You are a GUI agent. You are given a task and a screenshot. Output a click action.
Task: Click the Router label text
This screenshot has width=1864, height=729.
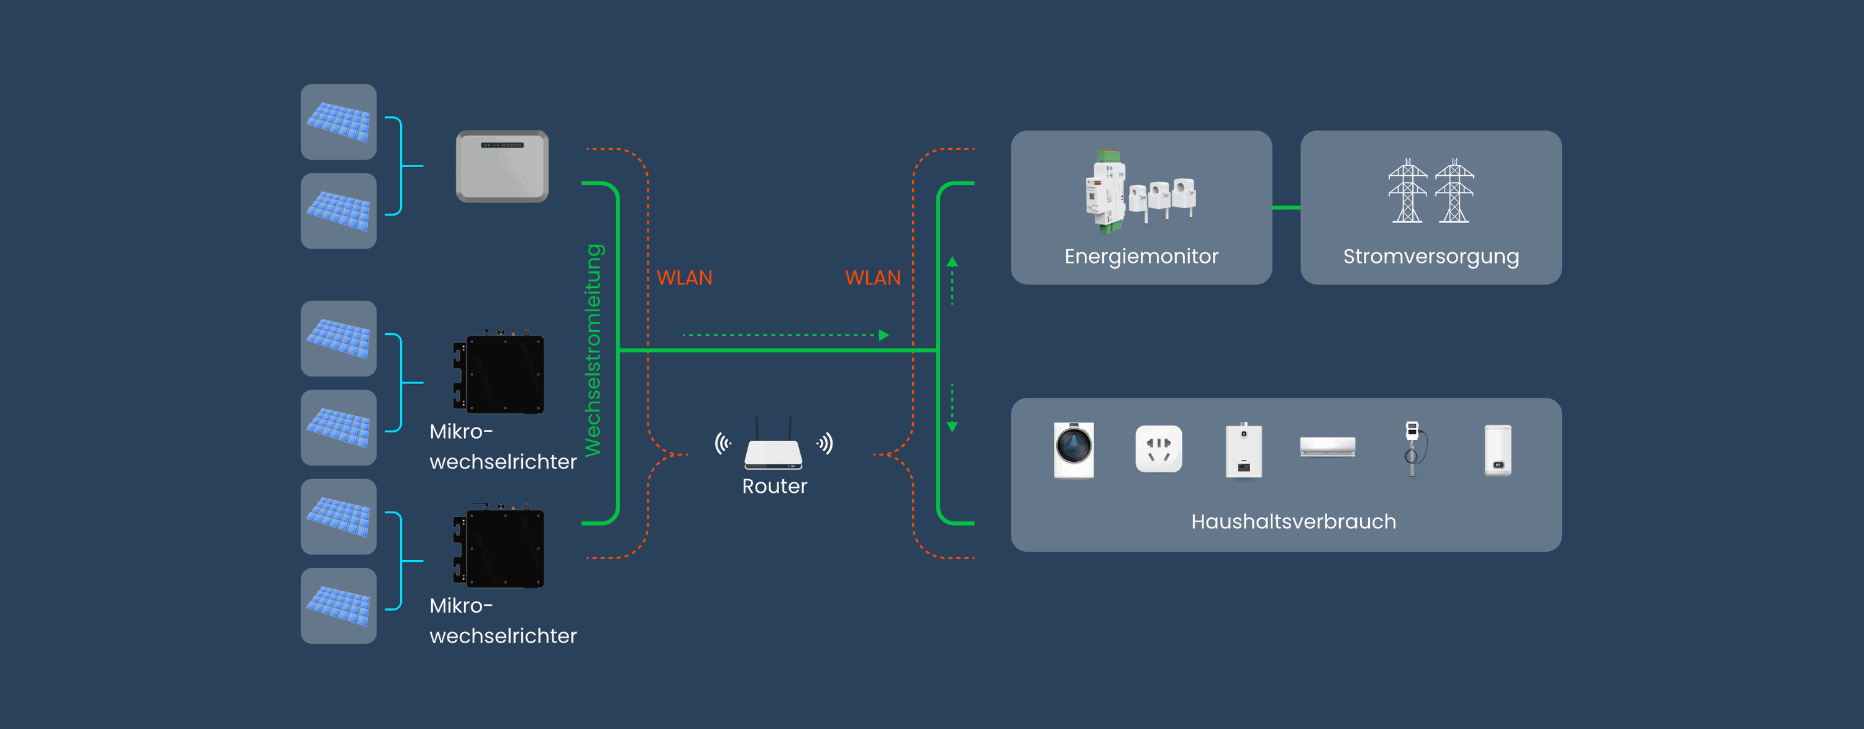click(774, 487)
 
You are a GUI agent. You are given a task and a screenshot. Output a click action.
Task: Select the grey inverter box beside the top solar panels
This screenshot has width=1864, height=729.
click(501, 166)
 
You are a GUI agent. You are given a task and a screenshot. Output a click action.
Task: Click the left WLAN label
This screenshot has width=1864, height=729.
click(685, 278)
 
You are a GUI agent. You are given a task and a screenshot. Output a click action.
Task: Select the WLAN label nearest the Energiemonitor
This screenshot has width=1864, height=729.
click(873, 278)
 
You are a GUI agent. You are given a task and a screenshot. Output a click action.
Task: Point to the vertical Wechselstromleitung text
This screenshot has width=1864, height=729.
click(593, 351)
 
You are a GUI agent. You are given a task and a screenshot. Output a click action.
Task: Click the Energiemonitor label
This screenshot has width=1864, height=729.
click(1141, 256)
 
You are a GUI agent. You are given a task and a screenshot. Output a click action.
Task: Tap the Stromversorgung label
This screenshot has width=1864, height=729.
click(1430, 256)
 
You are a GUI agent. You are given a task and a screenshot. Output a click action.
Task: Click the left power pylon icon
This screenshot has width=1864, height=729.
click(1407, 192)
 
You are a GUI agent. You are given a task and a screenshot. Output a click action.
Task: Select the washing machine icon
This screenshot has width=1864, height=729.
click(1074, 449)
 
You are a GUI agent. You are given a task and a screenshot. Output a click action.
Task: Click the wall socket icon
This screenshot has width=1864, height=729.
click(1159, 449)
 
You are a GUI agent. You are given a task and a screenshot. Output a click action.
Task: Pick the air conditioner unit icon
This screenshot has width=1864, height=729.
click(1327, 447)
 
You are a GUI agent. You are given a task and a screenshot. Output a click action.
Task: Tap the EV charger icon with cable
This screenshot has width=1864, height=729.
click(1413, 448)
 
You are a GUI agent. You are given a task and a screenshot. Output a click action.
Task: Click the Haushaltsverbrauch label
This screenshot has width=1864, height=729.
click(1293, 521)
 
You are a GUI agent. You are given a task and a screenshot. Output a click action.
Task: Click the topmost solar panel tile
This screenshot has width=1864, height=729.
click(339, 122)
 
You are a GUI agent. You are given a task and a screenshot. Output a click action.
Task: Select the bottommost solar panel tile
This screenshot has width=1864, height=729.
click(339, 606)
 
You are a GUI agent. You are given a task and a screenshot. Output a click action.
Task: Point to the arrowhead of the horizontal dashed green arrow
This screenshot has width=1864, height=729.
click(884, 335)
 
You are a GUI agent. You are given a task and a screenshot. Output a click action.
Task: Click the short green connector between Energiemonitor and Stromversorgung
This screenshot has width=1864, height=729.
click(1286, 208)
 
